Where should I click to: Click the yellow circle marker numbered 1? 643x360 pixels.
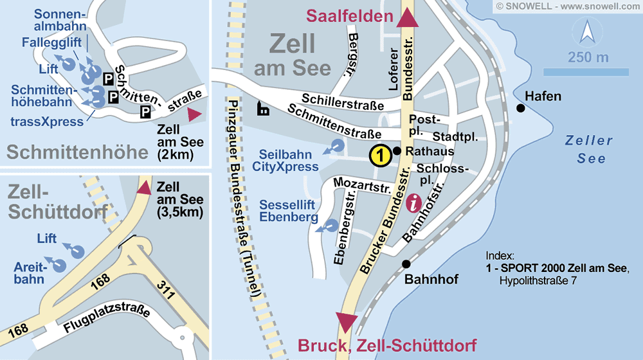pos(380,156)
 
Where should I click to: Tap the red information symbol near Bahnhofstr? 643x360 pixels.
pos(415,204)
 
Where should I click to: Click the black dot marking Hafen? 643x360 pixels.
pos(520,108)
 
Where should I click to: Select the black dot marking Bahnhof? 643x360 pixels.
pos(406,264)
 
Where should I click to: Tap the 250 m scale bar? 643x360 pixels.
pos(588,72)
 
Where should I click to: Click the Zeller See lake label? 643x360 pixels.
pos(586,149)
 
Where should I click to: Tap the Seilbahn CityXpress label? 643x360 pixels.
pos(289,161)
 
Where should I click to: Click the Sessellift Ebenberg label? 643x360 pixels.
pos(289,211)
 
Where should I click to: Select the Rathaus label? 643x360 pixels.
pos(430,152)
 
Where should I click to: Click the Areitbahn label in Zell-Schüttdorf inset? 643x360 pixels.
pos(29,273)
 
